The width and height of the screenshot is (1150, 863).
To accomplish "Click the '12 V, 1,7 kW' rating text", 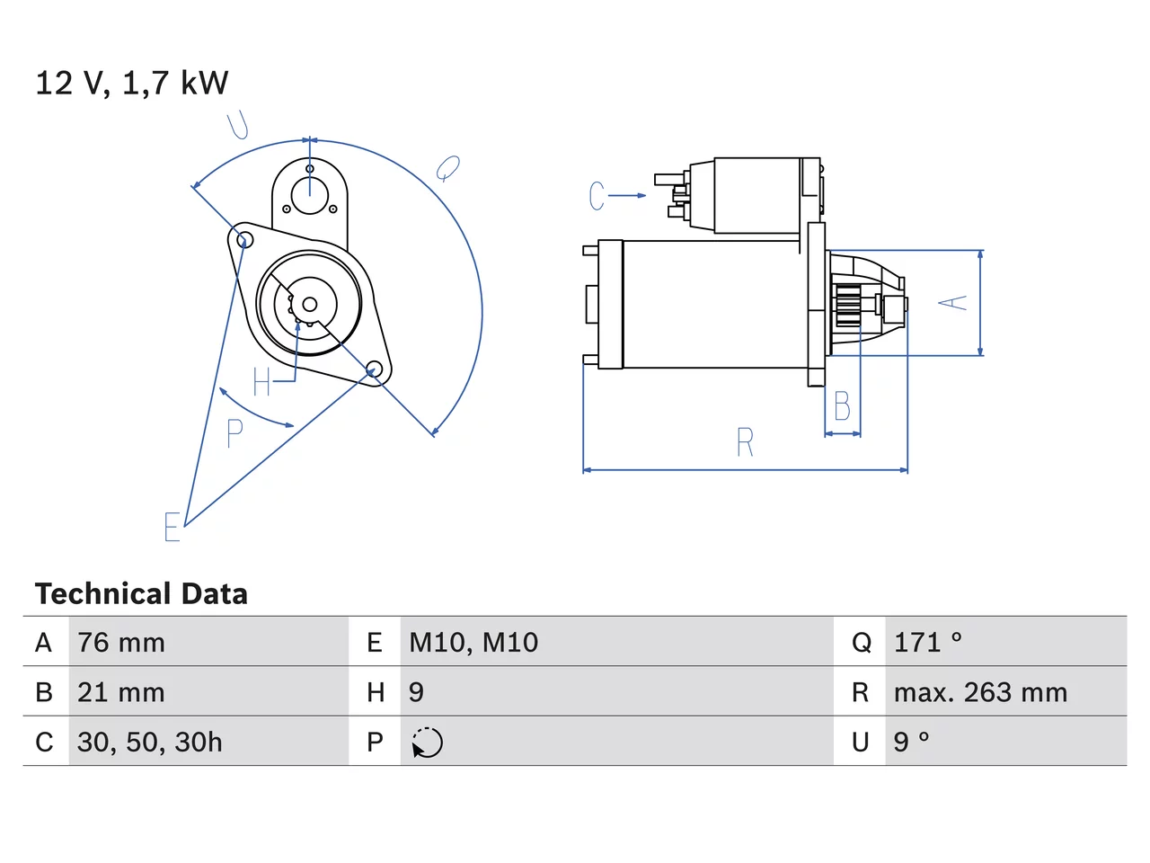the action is pos(131,83).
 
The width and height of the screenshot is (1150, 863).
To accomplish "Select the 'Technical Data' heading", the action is pos(141,593).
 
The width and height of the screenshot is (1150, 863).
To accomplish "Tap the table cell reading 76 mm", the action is pos(121,643).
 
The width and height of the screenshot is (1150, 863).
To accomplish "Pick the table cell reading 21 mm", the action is pos(121,692).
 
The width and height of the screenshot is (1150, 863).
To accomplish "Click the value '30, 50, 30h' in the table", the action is pos(150,742).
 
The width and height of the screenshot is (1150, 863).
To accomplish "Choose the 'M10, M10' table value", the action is pos(473,643).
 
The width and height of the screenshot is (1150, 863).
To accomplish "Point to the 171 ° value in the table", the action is pos(928,643).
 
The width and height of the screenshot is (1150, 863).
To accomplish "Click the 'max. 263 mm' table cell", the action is pos(980,692).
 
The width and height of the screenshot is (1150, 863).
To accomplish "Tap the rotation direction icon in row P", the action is pos(427,743).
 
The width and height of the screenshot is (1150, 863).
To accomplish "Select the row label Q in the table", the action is pos(862,643).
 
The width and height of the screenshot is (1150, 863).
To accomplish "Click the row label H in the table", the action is pos(376,692).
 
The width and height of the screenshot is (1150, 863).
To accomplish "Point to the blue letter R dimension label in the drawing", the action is pos(745,441).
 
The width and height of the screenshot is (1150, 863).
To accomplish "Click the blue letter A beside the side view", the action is pos(952,303).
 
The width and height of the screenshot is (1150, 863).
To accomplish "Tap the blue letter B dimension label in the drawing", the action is pos(842,405).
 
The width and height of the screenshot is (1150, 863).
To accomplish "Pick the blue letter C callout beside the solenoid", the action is pos(597,196).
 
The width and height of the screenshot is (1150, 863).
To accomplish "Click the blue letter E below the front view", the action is pos(172,526).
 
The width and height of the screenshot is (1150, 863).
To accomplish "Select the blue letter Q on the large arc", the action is pos(447,168).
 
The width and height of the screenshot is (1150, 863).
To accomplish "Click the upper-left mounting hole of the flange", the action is pos(244,241).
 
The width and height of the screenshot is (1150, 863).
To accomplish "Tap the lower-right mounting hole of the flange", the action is pos(374,368).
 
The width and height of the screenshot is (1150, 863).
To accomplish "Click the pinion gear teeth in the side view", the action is pos(848,306).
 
